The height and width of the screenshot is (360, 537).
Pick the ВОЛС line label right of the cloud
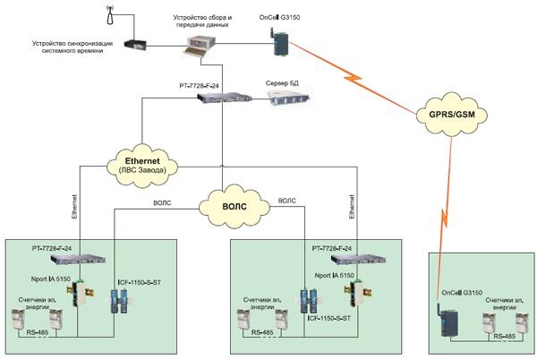click(x=289, y=201)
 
